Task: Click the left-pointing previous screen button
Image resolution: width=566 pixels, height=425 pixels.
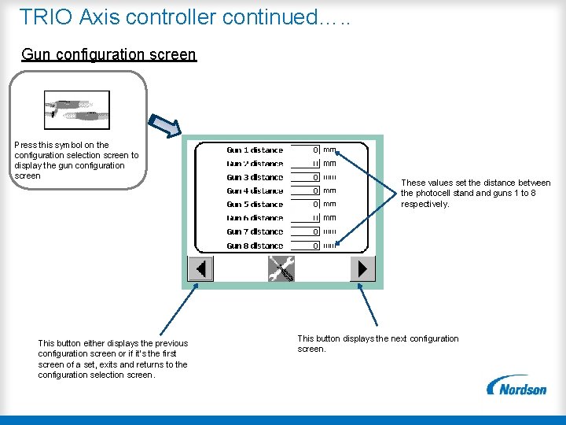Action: click(x=200, y=269)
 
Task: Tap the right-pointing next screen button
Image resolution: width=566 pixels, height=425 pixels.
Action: click(x=362, y=269)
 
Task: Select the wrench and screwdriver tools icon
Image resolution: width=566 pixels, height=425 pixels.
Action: click(x=281, y=269)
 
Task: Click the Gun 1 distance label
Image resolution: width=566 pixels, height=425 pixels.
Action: click(x=255, y=150)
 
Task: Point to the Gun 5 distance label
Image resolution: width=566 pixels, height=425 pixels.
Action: click(x=255, y=205)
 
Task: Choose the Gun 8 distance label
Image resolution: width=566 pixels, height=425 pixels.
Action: click(x=255, y=246)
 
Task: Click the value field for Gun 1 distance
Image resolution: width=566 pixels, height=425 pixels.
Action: click(x=306, y=150)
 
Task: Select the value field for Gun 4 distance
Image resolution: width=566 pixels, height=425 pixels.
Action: click(x=306, y=190)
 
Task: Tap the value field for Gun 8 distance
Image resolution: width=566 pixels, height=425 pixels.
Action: click(x=306, y=246)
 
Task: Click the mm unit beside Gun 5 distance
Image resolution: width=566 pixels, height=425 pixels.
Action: click(x=329, y=205)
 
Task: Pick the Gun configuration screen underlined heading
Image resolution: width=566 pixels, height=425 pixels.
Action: click(x=108, y=54)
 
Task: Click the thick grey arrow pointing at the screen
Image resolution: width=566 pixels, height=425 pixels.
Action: click(x=166, y=124)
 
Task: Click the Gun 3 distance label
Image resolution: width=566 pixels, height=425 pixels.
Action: click(x=255, y=177)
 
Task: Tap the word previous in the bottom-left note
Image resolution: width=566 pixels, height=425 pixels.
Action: click(x=171, y=343)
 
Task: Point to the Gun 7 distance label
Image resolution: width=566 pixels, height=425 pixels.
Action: click(x=255, y=232)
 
